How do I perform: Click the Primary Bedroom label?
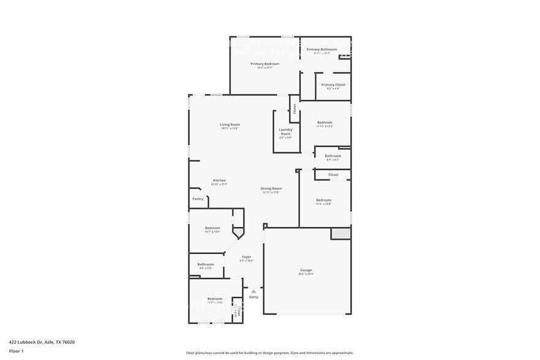tap(264, 64)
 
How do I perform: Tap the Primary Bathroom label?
tap(321, 49)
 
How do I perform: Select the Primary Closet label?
tap(333, 84)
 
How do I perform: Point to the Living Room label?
tap(230, 125)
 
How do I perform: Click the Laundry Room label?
tap(285, 131)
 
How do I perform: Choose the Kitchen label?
tap(219, 180)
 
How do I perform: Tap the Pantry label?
tap(198, 198)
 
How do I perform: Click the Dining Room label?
tap(271, 189)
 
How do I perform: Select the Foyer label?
tap(247, 257)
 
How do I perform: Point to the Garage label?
tap(306, 270)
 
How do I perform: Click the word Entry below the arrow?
tap(253, 297)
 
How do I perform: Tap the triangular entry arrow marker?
tap(253, 291)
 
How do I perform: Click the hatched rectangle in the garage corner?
tap(340, 234)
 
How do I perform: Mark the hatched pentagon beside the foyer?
tap(238, 233)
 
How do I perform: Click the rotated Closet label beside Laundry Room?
tap(294, 109)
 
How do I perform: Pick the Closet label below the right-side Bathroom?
tap(333, 174)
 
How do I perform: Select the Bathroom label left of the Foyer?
tap(206, 264)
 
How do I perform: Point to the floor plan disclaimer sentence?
tap(269, 353)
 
